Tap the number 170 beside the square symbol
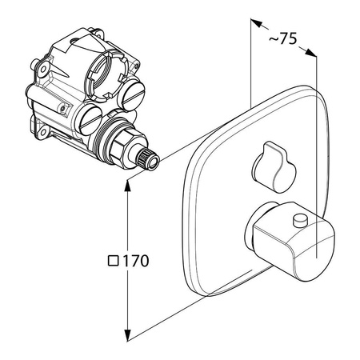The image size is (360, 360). [x=137, y=260]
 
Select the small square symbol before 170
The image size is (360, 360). [x=113, y=260]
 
